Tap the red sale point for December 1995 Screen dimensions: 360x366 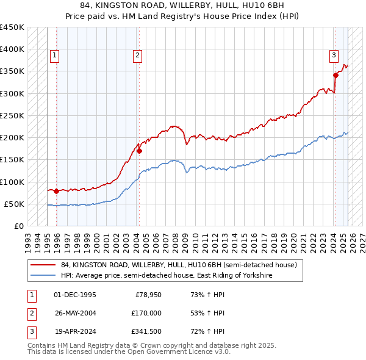click(57, 191)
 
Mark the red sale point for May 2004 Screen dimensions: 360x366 click(140, 151)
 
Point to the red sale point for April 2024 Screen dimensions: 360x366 click(335, 76)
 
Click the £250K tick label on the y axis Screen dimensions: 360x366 click(12, 115)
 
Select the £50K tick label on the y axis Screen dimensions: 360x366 click(15, 204)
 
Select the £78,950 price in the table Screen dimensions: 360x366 click(148, 295)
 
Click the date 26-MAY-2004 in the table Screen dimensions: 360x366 click(75, 313)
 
